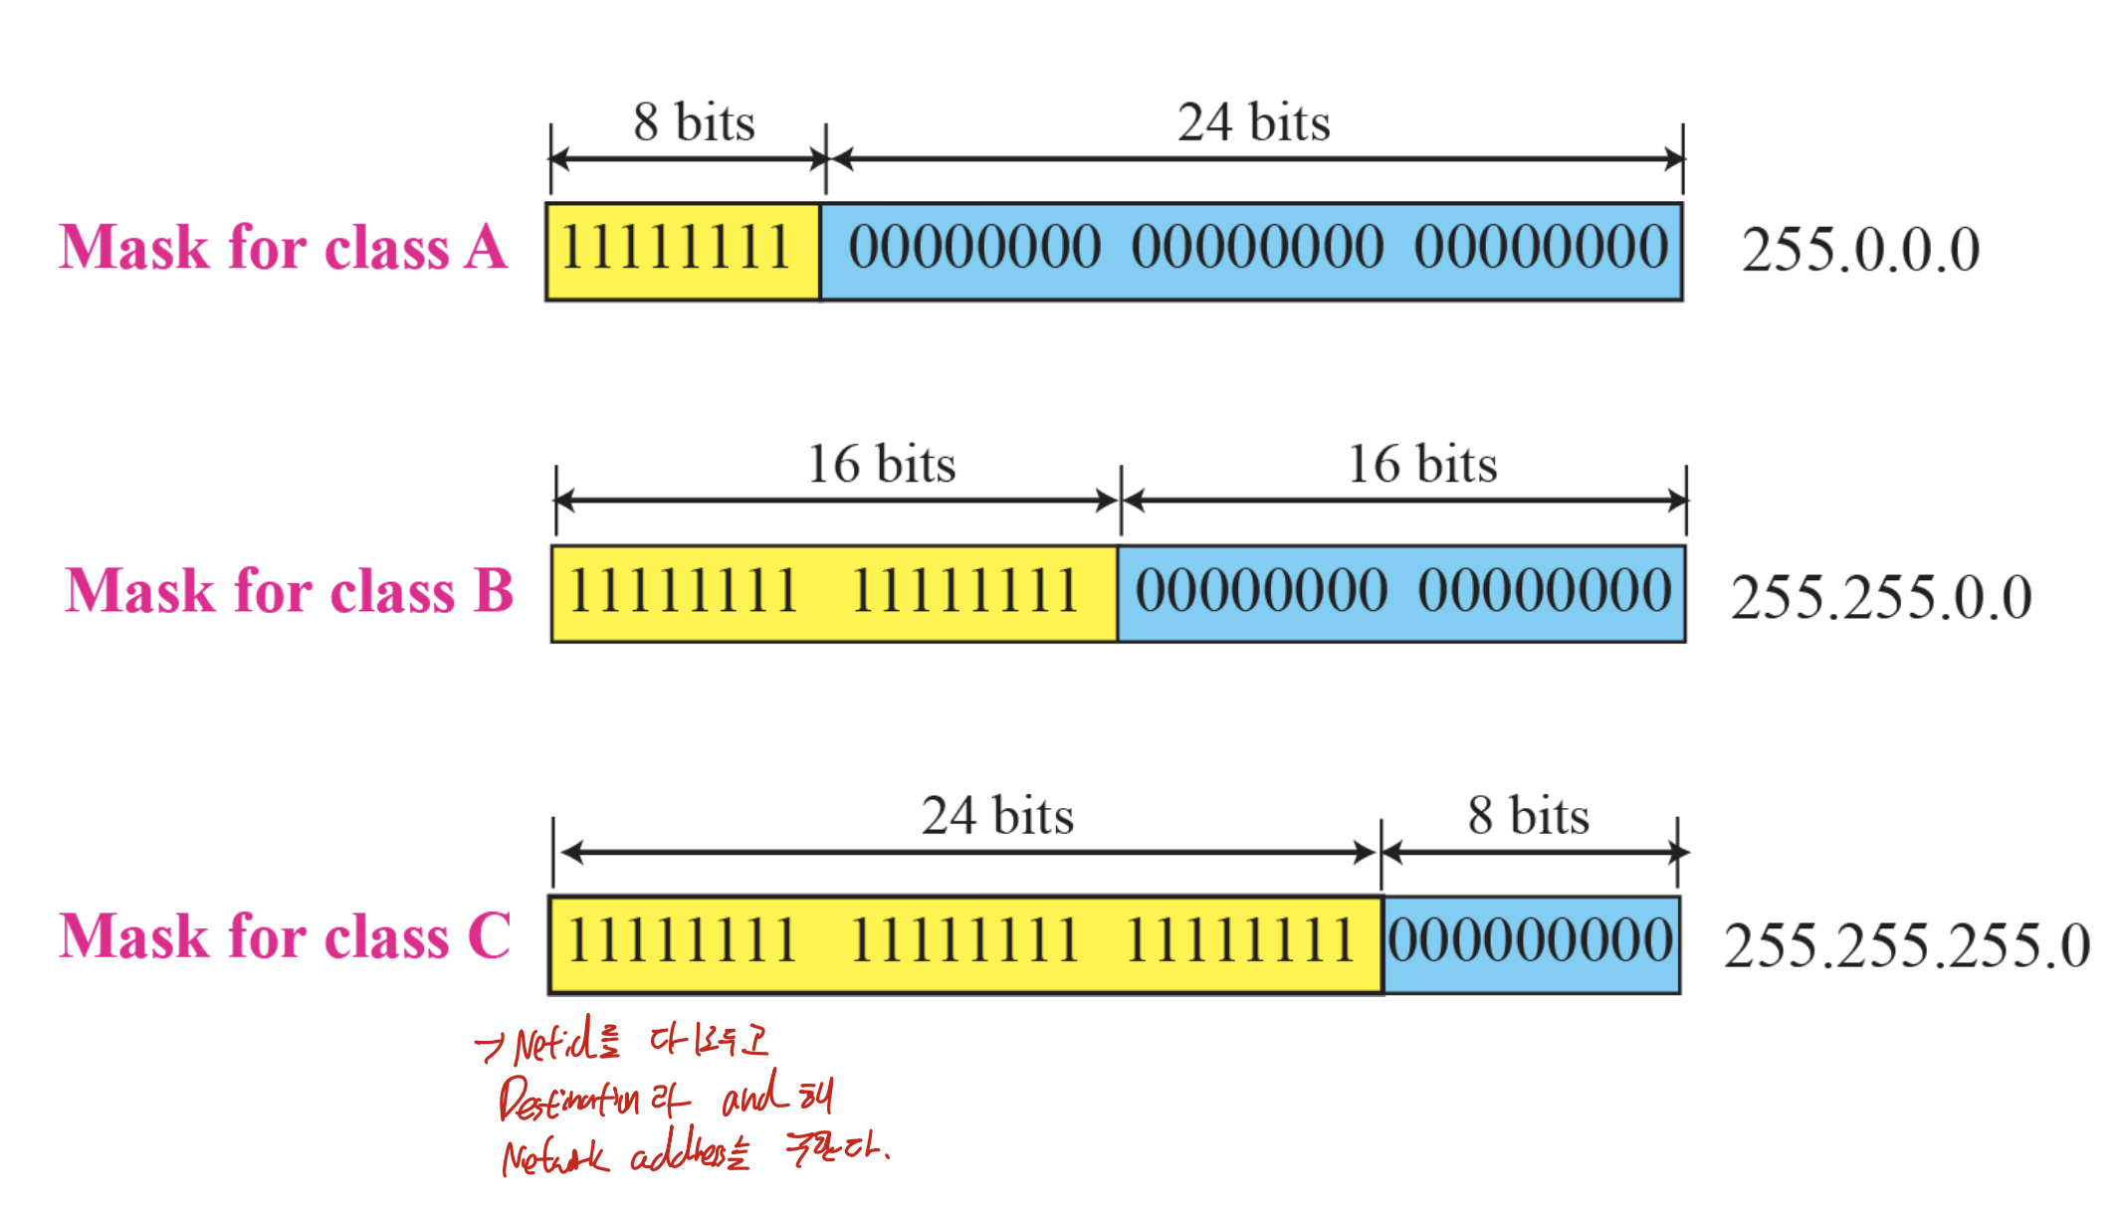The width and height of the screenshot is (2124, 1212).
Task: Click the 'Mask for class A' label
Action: [x=284, y=248]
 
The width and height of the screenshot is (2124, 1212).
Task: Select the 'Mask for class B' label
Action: [x=289, y=591]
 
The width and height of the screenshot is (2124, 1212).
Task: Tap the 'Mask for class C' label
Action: [x=285, y=936]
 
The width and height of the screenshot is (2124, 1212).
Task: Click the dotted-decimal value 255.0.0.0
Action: [x=1860, y=250]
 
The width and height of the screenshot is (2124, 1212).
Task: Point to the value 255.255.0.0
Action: [x=1880, y=597]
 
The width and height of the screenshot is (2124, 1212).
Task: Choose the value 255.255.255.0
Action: [x=1906, y=944]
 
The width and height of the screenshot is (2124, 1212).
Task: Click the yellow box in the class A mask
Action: [x=682, y=251]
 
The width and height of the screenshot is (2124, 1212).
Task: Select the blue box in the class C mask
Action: [x=1531, y=943]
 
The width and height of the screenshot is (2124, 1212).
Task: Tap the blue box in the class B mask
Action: [x=1401, y=593]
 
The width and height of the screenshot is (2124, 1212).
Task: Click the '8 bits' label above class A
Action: [x=694, y=122]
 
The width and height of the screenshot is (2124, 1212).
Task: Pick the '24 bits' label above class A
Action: [x=1253, y=122]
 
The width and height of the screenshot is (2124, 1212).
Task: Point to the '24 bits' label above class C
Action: [x=997, y=816]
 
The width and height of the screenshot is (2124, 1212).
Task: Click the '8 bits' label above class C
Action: [x=1528, y=816]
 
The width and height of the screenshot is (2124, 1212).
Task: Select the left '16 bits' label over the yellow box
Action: [x=881, y=464]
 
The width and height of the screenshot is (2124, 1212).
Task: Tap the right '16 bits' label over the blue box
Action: [x=1422, y=464]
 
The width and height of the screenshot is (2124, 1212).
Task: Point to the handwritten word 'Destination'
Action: [x=568, y=1100]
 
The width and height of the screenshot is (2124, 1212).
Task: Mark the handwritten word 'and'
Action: [x=750, y=1095]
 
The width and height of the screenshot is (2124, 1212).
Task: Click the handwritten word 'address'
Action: [x=682, y=1154]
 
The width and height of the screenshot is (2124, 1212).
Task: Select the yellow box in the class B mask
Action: [x=834, y=593]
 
